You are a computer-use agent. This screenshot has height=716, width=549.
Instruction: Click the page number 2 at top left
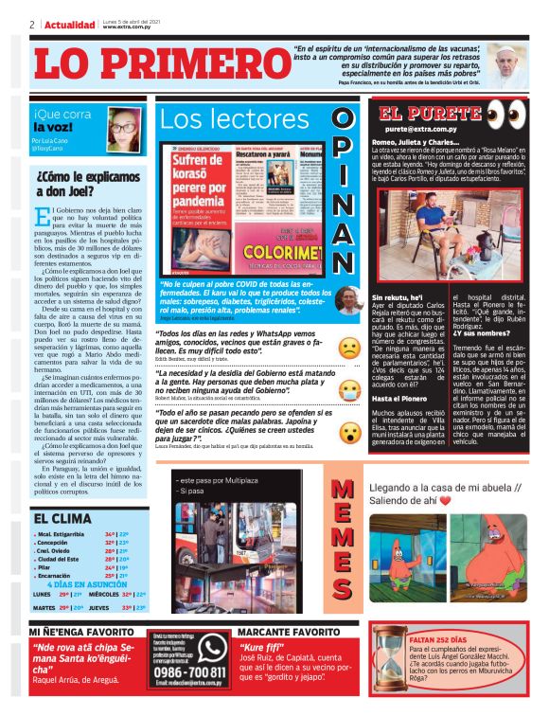(x=31, y=25)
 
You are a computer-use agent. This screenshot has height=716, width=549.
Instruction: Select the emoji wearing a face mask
(x=349, y=388)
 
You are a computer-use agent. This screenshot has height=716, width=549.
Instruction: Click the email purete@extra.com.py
(x=416, y=127)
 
